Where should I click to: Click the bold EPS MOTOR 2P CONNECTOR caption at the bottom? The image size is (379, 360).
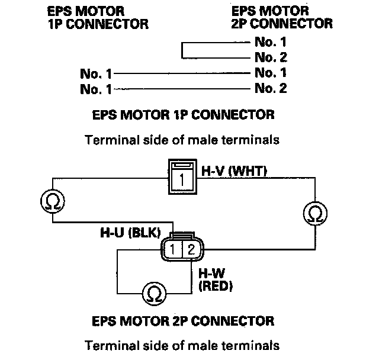tap(184, 322)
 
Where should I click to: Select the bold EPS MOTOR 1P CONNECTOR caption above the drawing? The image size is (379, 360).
tap(184, 114)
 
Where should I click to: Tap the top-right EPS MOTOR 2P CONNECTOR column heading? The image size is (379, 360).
tap(281, 18)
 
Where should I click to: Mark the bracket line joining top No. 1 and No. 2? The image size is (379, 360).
tap(183, 50)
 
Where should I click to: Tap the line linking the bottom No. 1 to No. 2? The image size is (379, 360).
tap(181, 89)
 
